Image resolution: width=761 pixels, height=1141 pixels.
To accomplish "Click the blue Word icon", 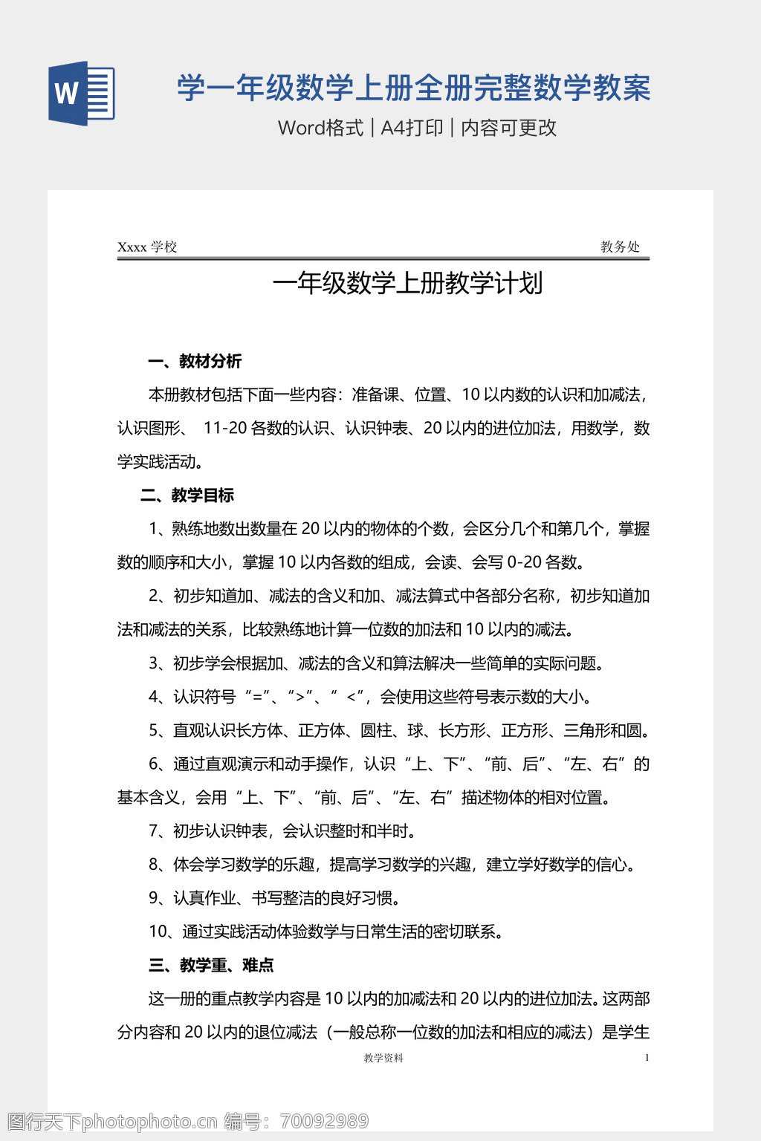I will click(x=82, y=93).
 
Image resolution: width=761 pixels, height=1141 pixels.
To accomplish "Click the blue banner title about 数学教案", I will click(x=413, y=88).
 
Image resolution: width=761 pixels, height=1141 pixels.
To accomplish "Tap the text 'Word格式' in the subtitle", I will click(x=320, y=128).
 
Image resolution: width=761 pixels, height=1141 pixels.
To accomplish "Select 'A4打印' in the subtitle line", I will click(x=412, y=128).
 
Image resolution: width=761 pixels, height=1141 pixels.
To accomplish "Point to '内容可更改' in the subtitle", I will click(x=508, y=128).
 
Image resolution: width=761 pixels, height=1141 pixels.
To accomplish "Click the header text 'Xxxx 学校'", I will click(x=147, y=247).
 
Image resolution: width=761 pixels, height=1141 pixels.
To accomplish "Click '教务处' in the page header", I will click(x=620, y=247).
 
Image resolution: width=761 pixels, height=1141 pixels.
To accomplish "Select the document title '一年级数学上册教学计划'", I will click(x=407, y=283).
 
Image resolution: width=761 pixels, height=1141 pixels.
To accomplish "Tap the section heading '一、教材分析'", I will click(x=195, y=362).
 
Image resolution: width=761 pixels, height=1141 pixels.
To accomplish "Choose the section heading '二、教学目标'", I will click(x=187, y=495).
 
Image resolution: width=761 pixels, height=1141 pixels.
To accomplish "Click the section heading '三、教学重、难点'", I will click(x=211, y=965).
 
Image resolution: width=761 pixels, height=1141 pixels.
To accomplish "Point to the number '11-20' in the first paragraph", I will click(x=224, y=429).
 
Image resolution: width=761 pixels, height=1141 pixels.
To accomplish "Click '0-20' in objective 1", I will click(x=522, y=562).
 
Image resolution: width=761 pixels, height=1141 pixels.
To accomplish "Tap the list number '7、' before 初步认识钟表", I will click(x=158, y=831).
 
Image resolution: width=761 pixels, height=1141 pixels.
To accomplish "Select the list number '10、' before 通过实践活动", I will click(x=163, y=932).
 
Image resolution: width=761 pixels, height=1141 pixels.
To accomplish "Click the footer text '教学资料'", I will click(x=383, y=1058).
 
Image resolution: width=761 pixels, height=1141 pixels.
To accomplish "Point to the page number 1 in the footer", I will click(x=647, y=1058).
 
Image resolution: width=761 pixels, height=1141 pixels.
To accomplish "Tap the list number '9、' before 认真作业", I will click(x=158, y=898).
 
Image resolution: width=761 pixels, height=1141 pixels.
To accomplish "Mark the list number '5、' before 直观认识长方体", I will click(x=158, y=731).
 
